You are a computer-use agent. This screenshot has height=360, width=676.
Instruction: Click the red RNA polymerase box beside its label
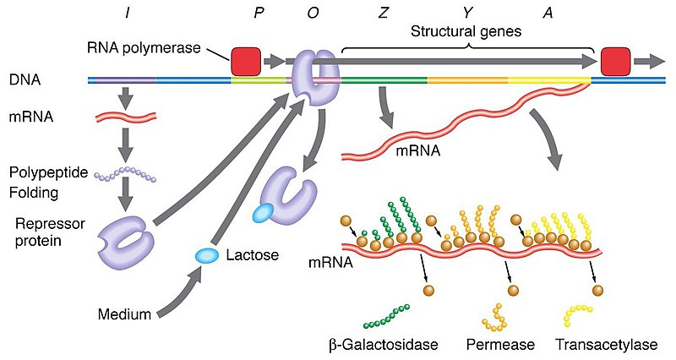245,61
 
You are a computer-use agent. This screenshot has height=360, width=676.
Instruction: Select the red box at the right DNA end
614,61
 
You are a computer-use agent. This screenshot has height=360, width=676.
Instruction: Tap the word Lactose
251,254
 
